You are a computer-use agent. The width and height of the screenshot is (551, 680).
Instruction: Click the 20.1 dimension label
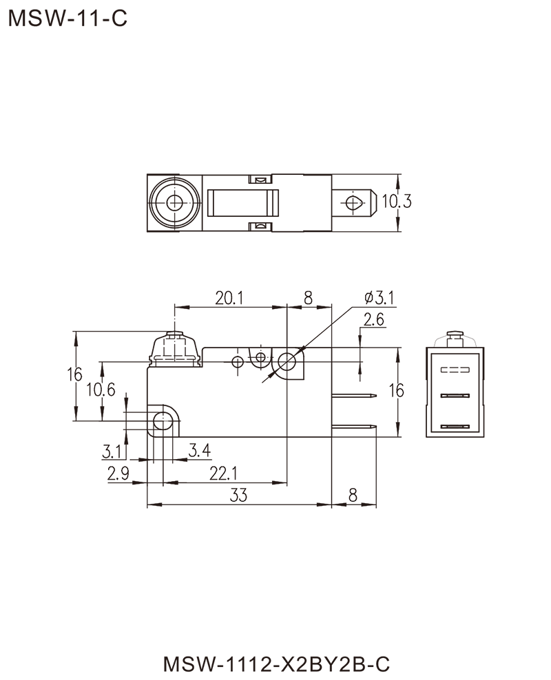click(227, 298)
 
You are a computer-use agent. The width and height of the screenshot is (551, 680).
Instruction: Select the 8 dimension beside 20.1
click(308, 298)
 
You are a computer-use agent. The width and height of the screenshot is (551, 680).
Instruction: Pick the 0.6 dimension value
click(105, 390)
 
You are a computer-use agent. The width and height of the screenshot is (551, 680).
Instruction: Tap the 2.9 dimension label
click(118, 473)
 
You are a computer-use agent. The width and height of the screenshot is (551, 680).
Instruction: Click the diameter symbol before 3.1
click(365, 298)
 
